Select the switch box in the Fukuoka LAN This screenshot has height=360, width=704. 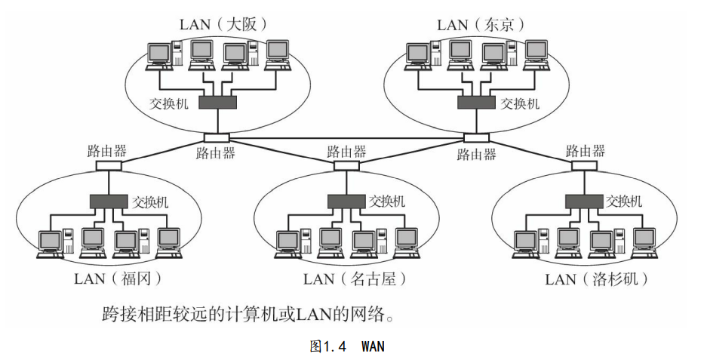click(109, 202)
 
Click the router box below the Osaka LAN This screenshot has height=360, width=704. click(217, 138)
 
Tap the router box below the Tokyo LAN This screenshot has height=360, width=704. click(475, 138)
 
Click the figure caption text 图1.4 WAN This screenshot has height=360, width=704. click(348, 346)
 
